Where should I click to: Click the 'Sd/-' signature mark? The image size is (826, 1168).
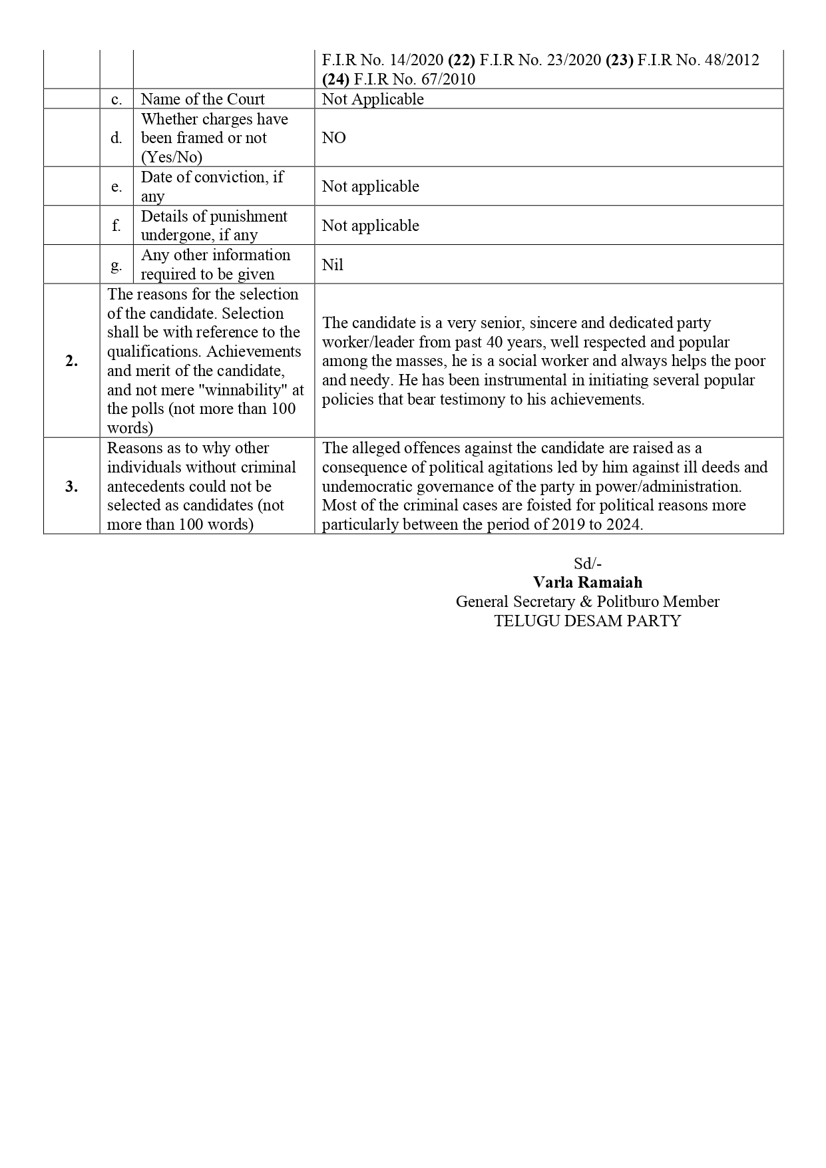pyautogui.click(x=588, y=563)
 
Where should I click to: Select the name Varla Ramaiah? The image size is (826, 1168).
pyautogui.click(x=587, y=582)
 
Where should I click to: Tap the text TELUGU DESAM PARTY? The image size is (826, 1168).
pyautogui.click(x=587, y=621)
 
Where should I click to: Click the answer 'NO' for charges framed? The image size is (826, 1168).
pyautogui.click(x=334, y=138)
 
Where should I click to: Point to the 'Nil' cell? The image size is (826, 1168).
pyautogui.click(x=332, y=265)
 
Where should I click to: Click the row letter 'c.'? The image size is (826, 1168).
pyautogui.click(x=116, y=99)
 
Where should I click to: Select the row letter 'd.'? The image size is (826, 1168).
pyautogui.click(x=116, y=138)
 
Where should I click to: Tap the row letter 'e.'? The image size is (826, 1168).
pyautogui.click(x=116, y=186)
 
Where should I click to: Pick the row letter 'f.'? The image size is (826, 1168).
pyautogui.click(x=116, y=225)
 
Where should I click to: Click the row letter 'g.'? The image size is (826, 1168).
pyautogui.click(x=116, y=264)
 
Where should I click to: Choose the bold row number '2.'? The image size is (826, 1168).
pyautogui.click(x=71, y=361)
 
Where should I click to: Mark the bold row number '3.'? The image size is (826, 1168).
pyautogui.click(x=71, y=487)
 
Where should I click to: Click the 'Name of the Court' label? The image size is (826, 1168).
pyautogui.click(x=202, y=99)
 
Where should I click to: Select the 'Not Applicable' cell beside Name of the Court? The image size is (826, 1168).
pyautogui.click(x=373, y=99)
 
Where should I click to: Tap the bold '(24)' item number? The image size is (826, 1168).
pyautogui.click(x=335, y=79)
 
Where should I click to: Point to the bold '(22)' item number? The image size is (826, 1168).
pyautogui.click(x=461, y=60)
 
